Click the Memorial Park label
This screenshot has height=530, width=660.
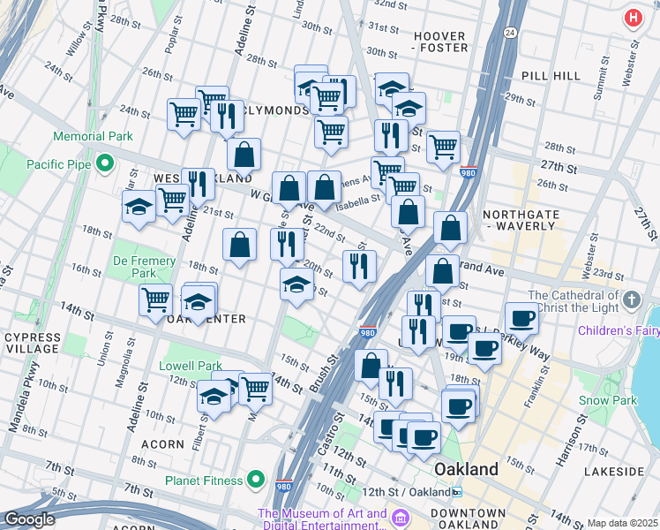[93, 136]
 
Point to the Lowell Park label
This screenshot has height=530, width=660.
[191, 366]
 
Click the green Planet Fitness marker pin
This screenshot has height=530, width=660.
[256, 480]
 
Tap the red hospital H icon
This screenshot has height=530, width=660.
[633, 18]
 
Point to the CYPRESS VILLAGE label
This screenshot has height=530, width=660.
[33, 344]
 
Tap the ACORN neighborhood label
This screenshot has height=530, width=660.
[163, 444]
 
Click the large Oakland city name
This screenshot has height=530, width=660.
[466, 468]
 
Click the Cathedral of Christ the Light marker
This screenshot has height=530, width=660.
[631, 301]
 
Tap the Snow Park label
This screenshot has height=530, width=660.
[608, 400]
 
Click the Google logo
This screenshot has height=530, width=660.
[29, 519]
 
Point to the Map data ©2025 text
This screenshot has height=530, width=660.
[621, 523]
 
